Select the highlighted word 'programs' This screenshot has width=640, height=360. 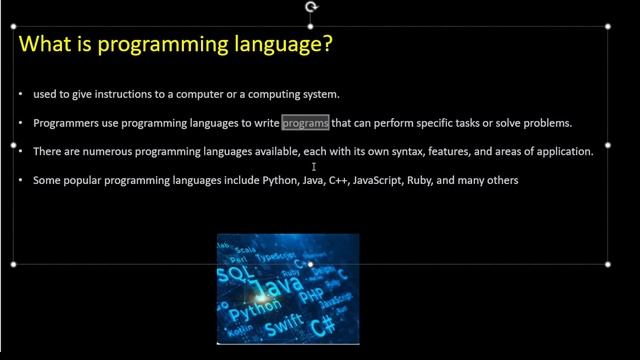[x=305, y=123]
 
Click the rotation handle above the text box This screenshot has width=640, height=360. [x=311, y=7]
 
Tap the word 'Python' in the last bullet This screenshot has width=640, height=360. [x=266, y=181]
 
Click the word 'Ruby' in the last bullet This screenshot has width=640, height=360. [x=418, y=181]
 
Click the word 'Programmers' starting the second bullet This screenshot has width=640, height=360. [x=65, y=123]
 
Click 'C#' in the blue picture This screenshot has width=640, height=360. [x=322, y=326]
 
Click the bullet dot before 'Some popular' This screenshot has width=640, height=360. [x=21, y=181]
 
